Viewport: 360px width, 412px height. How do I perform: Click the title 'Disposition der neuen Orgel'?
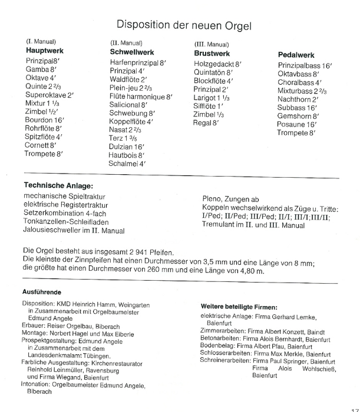(184, 25)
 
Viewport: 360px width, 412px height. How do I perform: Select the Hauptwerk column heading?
(45, 51)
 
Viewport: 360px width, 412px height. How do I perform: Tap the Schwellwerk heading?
(132, 52)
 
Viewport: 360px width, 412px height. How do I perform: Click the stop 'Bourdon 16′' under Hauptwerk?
(44, 119)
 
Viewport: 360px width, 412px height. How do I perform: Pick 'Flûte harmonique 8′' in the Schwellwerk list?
(141, 96)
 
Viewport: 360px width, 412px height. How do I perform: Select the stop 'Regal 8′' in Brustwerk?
(206, 123)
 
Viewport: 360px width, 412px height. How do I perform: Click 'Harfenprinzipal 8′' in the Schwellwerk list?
(138, 62)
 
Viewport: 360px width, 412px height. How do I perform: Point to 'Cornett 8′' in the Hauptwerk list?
(40, 145)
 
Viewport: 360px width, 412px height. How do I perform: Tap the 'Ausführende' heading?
(42, 292)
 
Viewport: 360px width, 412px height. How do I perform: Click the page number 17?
(354, 407)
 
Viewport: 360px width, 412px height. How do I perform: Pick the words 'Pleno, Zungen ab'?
(230, 200)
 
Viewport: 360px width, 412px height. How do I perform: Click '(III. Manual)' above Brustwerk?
(212, 44)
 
